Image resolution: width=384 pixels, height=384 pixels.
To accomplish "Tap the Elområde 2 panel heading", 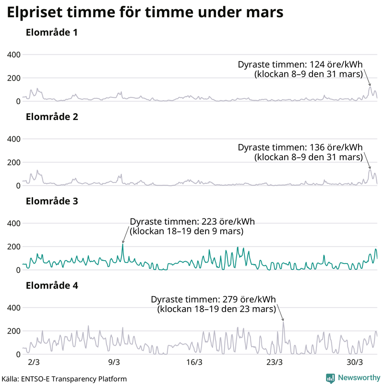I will pos(51,117).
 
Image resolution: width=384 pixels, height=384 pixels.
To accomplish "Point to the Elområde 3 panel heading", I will pos(51,201).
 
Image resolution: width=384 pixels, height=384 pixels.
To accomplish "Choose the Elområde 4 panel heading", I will pos(51,286).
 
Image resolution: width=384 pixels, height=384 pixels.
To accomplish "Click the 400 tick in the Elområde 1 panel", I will pos(13,55).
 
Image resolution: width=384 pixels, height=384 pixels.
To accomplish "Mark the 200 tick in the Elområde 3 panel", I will pos(13,247).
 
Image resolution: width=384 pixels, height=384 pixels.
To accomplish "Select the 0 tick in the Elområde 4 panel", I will pos(18,354).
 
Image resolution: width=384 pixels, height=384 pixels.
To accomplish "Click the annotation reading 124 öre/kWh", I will pos(300,65).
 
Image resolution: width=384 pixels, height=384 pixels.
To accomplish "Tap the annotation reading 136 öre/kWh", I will pos(300,147).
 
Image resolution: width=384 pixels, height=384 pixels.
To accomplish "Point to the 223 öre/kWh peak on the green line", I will pos(122,244).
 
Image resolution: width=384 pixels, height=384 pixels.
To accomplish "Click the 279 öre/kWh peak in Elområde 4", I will pos(283,322).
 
